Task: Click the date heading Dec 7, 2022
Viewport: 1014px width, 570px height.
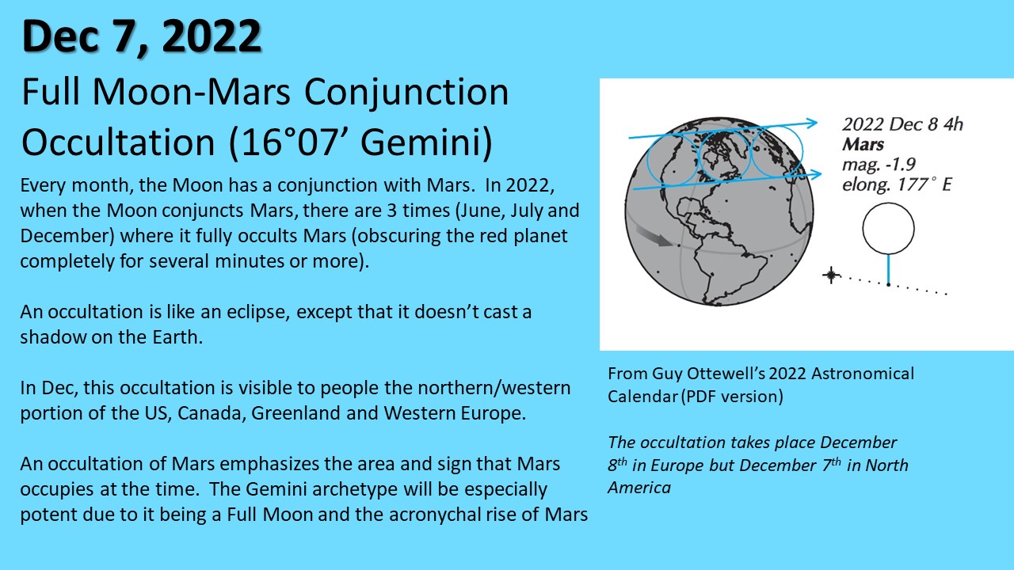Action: [142, 37]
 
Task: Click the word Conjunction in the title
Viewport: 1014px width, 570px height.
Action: [406, 93]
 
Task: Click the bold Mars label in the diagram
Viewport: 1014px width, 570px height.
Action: [863, 145]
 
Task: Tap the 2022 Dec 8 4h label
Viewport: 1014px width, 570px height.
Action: [902, 124]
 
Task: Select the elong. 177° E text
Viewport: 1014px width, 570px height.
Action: [897, 184]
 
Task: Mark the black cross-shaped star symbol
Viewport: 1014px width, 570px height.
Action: [831, 275]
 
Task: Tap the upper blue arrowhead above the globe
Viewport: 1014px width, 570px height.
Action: [811, 123]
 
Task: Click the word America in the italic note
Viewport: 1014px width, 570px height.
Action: [639, 488]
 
